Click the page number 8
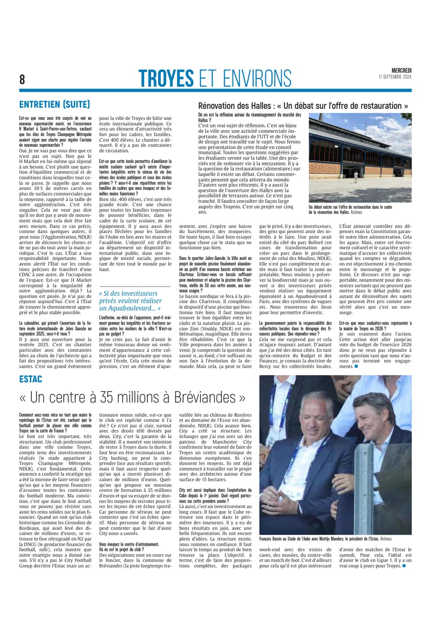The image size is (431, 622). click(22, 79)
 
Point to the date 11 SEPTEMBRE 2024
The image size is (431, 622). click(395, 77)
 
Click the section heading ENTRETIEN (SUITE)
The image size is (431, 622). click(54, 104)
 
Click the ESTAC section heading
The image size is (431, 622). click(31, 379)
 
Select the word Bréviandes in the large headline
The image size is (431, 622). click(206, 397)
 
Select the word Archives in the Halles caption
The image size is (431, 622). click(357, 212)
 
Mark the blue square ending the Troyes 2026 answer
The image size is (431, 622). click(356, 366)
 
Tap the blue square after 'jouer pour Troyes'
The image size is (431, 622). click(404, 566)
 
